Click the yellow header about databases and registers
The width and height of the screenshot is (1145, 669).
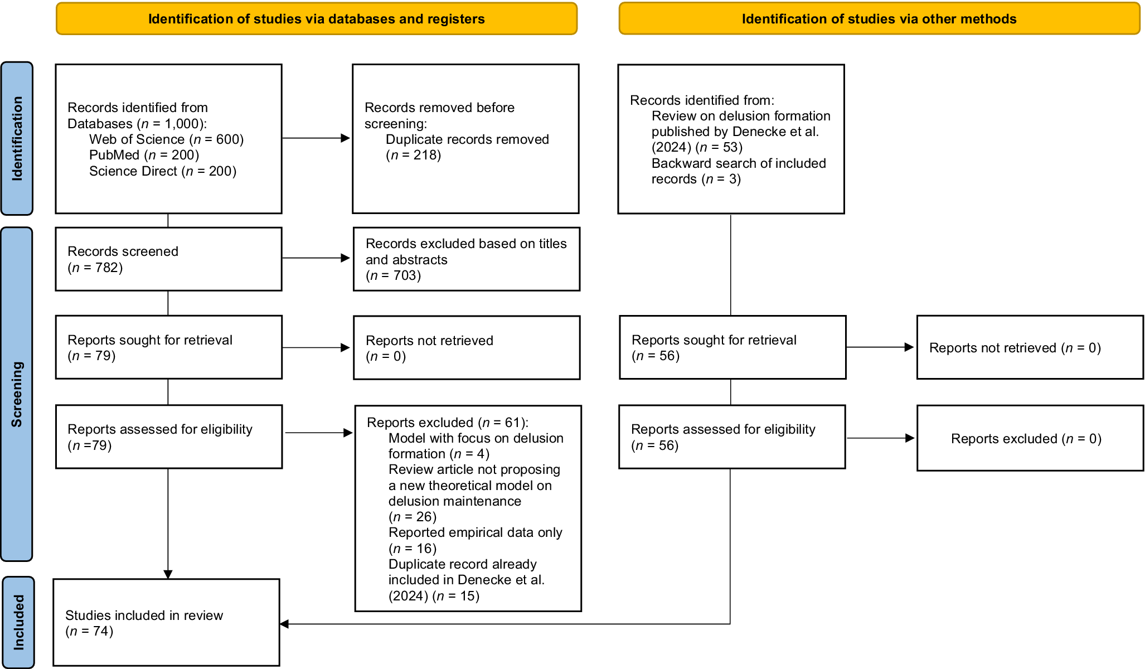(317, 19)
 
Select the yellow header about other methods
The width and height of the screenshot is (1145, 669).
(879, 19)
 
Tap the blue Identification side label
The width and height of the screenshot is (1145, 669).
(17, 138)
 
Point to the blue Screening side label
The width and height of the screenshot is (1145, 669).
(17, 394)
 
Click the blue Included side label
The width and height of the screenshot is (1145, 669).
(18, 622)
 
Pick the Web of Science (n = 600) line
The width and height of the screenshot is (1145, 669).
(167, 139)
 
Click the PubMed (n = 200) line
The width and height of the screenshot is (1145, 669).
(144, 155)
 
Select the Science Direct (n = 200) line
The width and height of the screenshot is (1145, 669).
(163, 171)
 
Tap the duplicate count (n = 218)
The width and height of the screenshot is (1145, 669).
(414, 155)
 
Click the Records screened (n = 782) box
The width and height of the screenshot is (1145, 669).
(168, 259)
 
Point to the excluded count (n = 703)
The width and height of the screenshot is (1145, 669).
(394, 275)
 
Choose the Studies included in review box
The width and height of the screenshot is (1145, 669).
(166, 622)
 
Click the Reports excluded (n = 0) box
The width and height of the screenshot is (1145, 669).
(1030, 438)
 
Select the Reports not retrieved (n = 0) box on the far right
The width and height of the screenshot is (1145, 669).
(1030, 347)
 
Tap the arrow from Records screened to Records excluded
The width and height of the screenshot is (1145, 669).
(316, 258)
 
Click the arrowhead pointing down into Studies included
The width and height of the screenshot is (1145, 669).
(168, 574)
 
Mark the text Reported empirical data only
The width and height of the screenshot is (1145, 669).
(476, 532)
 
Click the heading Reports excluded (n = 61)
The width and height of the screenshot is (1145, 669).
(448, 423)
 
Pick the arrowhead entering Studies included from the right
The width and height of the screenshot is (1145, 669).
(284, 624)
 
